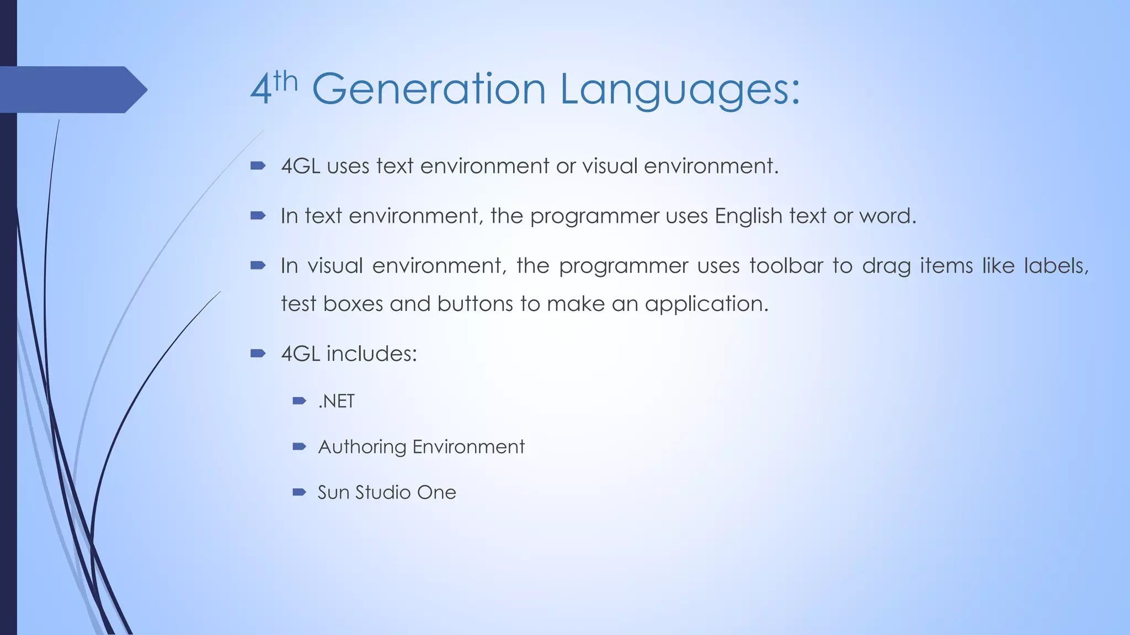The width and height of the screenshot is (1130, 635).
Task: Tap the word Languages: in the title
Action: pyautogui.click(x=680, y=89)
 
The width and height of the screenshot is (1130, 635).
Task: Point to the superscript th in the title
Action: pyautogui.click(x=285, y=82)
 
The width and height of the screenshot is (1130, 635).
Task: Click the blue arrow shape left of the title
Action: pyautogui.click(x=72, y=89)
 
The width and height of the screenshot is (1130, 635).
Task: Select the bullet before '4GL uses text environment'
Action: pyautogui.click(x=258, y=165)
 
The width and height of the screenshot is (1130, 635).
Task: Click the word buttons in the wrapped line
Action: pyautogui.click(x=475, y=304)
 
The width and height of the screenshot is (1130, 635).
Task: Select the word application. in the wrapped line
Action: pyautogui.click(x=706, y=304)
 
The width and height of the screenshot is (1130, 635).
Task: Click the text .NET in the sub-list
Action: pyautogui.click(x=336, y=401)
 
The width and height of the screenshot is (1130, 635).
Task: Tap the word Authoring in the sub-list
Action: pyautogui.click(x=362, y=446)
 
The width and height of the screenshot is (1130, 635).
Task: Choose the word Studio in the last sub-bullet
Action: pyautogui.click(x=383, y=492)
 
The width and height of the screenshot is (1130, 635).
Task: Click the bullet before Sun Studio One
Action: pyautogui.click(x=299, y=492)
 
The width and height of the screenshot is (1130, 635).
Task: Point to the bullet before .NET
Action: pyautogui.click(x=299, y=401)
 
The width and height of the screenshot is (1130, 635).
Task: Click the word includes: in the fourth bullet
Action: pyautogui.click(x=371, y=353)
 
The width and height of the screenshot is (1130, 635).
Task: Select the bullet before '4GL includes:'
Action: pyautogui.click(x=258, y=353)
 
